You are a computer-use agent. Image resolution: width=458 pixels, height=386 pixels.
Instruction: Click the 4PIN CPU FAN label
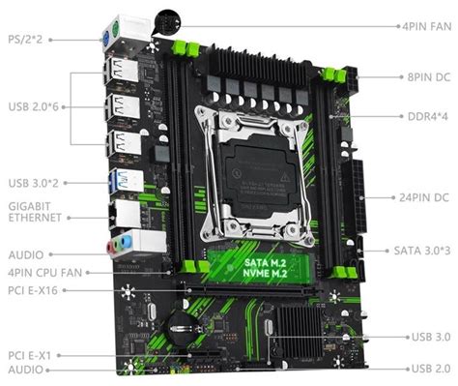click(x=43, y=272)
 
